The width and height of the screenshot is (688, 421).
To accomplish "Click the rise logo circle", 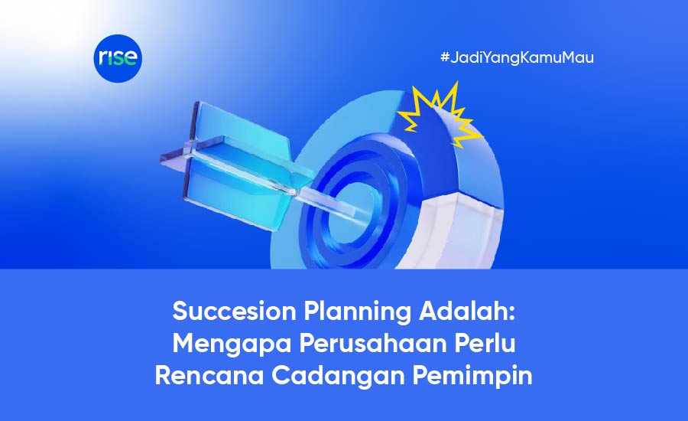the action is click(118, 58).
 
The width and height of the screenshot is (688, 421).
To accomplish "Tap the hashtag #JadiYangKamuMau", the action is click(517, 57).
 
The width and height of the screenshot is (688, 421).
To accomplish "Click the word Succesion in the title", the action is click(235, 311).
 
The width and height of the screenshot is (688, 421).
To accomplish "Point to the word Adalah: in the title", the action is click(467, 311).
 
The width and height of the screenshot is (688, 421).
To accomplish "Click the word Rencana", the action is click(209, 376).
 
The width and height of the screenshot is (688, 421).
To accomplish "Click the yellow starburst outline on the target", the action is click(439, 115).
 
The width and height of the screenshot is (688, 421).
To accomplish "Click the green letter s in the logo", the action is click(119, 58).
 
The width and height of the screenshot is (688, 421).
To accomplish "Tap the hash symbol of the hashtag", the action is click(445, 57).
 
